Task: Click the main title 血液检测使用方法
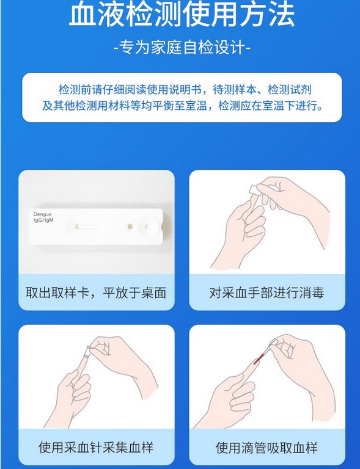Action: pyautogui.click(x=182, y=14)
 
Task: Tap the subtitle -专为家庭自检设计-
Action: pyautogui.click(x=182, y=47)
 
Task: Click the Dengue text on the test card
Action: pyautogui.click(x=43, y=214)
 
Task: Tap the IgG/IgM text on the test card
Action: pyautogui.click(x=43, y=220)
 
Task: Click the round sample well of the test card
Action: pyautogui.click(x=147, y=227)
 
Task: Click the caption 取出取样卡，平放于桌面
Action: pyautogui.click(x=96, y=293)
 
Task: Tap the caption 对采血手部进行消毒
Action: pyautogui.click(x=266, y=293)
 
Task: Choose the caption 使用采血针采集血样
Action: pyautogui.click(x=96, y=448)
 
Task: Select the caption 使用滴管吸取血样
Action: pyautogui.click(x=266, y=448)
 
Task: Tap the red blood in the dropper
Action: pyautogui.click(x=259, y=358)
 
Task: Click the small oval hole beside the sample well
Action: pyautogui.click(x=130, y=227)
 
